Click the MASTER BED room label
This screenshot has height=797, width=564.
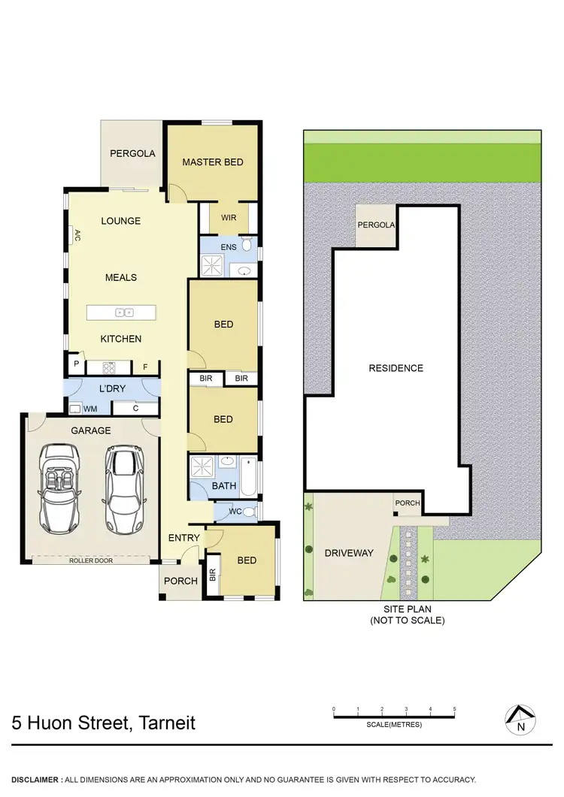[213, 162]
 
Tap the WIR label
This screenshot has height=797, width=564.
[229, 218]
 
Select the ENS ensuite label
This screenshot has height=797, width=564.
[229, 246]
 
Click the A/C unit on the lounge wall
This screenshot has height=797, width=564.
[77, 235]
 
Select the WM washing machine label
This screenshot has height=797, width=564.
[90, 409]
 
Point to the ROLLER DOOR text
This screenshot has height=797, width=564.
[90, 560]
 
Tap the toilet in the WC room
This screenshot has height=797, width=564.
[249, 513]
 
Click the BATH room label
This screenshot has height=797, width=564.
[223, 486]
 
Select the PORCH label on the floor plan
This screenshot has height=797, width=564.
[180, 581]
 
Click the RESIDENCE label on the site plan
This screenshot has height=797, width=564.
[396, 368]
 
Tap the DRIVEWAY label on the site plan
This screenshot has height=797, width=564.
[348, 553]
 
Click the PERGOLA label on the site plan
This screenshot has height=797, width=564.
[377, 225]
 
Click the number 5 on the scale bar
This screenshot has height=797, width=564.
[454, 708]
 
